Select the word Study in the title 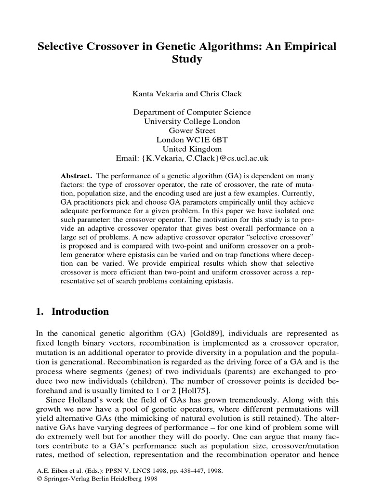pos(185,61)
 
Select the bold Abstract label pos(77,174)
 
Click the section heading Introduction pos(80,311)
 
